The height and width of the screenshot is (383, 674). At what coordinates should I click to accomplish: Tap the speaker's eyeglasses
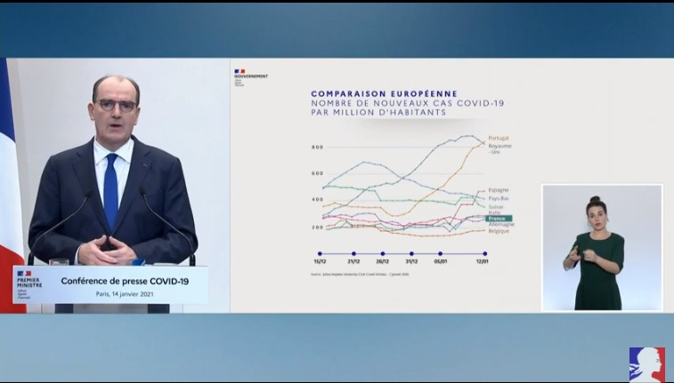(x=117, y=105)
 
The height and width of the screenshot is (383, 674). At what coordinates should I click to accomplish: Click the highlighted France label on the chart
(x=497, y=218)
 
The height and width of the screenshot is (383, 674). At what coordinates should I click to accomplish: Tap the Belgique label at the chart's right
(x=500, y=231)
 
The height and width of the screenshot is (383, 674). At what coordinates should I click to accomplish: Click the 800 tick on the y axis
(x=316, y=147)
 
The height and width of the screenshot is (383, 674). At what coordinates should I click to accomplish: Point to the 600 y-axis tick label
(x=316, y=173)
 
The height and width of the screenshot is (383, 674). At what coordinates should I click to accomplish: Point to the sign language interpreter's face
(x=596, y=211)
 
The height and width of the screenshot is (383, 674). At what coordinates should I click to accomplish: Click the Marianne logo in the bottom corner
(x=646, y=363)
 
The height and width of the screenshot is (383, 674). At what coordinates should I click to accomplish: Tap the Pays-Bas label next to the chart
(x=499, y=199)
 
